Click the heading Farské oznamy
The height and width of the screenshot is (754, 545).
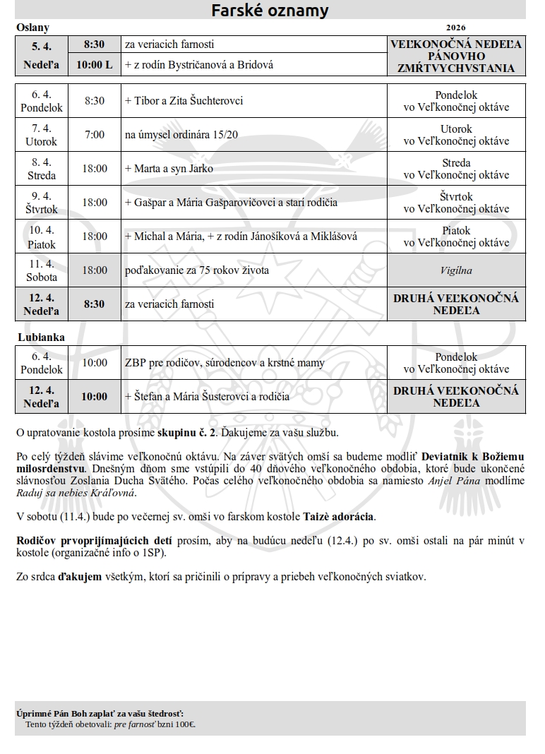point(270,11)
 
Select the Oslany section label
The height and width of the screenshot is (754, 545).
point(32,28)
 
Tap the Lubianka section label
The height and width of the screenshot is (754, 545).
point(41,337)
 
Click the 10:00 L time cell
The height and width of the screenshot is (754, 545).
point(94,65)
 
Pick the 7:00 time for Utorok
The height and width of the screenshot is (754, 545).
point(94,135)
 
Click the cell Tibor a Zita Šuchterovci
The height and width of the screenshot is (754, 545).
point(184,101)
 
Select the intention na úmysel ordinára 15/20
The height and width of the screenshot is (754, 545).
point(181,135)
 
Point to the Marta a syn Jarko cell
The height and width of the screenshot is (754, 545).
point(169,169)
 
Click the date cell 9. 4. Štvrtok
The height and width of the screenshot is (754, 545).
point(42,203)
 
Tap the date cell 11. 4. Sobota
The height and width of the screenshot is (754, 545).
point(42,270)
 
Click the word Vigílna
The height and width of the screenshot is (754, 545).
point(456,270)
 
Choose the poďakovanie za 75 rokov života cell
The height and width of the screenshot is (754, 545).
point(197,270)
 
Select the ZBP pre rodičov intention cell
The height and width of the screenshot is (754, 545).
point(224,363)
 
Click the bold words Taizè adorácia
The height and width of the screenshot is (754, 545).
point(339,517)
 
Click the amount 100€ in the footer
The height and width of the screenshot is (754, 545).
point(186,724)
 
